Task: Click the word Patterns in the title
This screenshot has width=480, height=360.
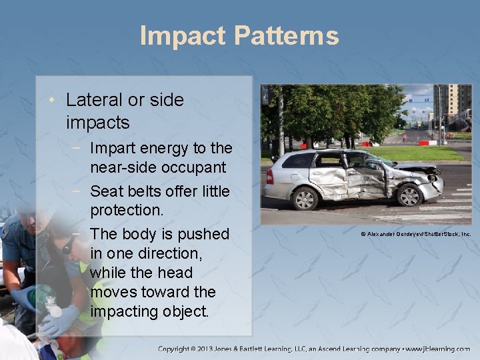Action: point(286,36)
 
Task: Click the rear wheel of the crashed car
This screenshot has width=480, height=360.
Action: point(306,198)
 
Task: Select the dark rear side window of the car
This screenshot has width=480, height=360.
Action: point(299,161)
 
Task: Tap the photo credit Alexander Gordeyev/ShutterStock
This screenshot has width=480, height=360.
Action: point(415,234)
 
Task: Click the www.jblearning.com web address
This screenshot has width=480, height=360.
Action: point(438,349)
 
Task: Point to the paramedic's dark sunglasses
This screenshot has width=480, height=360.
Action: point(67,247)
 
